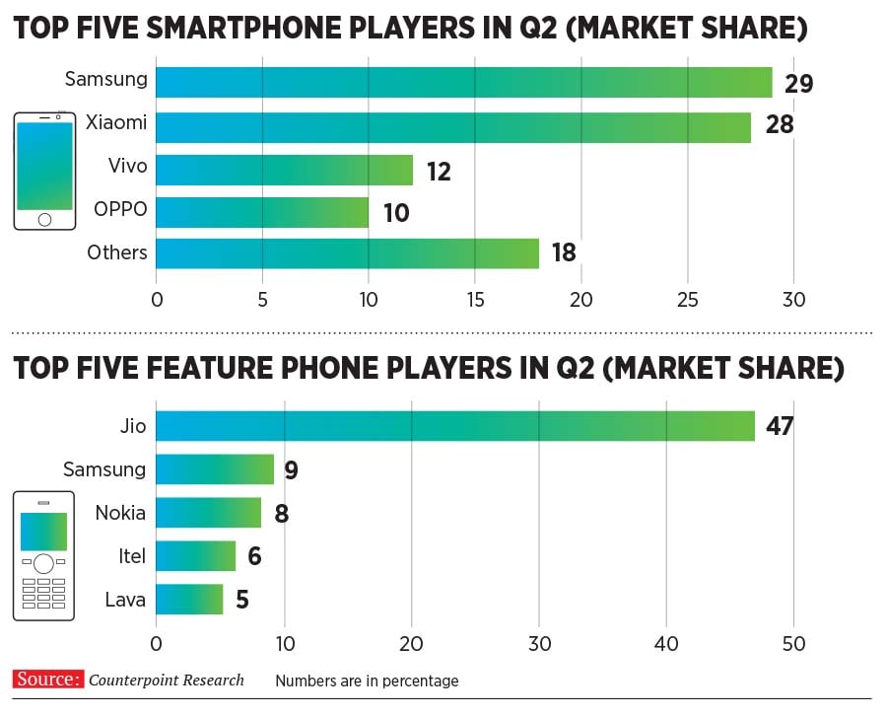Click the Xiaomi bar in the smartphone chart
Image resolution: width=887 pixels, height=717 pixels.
453,127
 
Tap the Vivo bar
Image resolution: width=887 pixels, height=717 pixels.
284,170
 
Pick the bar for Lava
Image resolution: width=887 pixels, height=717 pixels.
189,599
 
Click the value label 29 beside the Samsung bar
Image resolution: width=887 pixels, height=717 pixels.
798,84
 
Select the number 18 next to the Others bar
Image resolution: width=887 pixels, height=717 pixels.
563,253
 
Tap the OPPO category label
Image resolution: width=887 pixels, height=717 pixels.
119,209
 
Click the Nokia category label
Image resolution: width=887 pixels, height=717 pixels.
120,513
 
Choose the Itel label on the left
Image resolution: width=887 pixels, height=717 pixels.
131,556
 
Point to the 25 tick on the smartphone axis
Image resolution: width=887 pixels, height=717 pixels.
688,300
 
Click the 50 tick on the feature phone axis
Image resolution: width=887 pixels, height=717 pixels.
793,644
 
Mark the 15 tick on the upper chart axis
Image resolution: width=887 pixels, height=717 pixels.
475,300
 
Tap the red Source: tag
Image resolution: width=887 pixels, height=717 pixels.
47,680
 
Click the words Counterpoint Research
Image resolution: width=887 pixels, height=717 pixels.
166,681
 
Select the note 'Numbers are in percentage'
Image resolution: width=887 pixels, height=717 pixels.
367,681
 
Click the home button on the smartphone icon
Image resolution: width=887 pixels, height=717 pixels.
44,219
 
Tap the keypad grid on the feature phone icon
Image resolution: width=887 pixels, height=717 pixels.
43,594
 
